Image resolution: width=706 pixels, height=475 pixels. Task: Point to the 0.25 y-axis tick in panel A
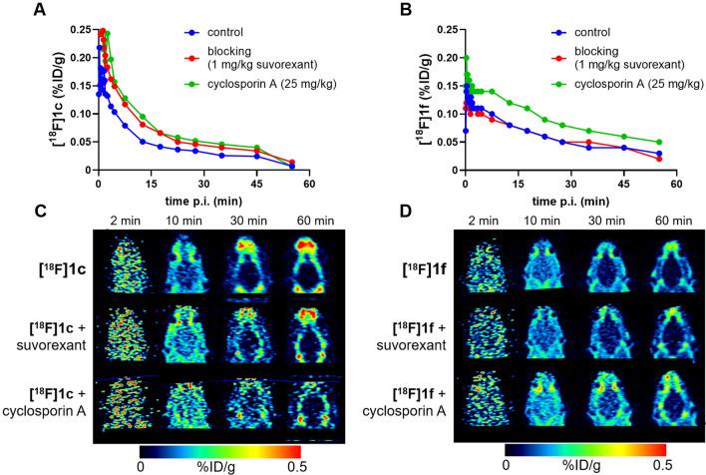tap(70, 31)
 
